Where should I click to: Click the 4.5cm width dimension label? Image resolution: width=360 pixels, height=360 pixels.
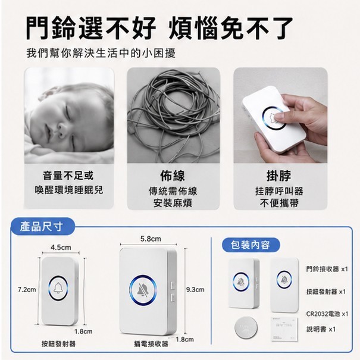[x=61, y=248]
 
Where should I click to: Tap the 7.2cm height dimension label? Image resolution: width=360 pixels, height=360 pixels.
[x=27, y=290]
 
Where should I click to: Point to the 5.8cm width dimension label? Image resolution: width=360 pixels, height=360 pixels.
[x=151, y=239]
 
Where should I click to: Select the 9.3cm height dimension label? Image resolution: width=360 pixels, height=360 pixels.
[x=195, y=290]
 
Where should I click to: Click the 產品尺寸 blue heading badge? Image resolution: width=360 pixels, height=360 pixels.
[x=43, y=227]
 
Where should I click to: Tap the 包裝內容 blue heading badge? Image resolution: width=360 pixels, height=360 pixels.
[x=251, y=245]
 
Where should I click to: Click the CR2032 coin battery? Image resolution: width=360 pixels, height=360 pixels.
[x=246, y=327]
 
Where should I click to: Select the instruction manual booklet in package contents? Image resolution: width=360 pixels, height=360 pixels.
[x=284, y=329]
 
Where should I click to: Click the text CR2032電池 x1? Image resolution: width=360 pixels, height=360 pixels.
[x=327, y=314]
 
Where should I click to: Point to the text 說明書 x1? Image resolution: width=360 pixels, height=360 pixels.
[x=321, y=329]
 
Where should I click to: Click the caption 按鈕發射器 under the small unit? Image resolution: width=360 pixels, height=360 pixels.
[x=58, y=344]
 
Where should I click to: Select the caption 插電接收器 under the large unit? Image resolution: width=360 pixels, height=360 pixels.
[x=151, y=344]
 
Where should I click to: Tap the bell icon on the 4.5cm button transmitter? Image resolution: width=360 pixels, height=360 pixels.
[x=58, y=288]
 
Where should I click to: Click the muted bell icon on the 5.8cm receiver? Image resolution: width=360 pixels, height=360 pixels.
[x=143, y=290]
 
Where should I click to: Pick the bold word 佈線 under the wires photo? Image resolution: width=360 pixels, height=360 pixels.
[x=173, y=176]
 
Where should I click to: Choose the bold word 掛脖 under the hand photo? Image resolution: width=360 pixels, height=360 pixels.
[x=278, y=176]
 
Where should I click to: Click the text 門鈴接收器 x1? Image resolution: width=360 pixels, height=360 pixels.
[x=327, y=269]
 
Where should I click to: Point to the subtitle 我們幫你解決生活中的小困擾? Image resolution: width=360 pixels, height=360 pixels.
[x=101, y=54]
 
